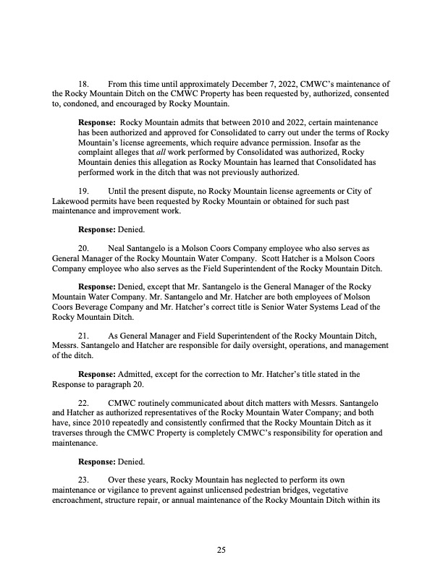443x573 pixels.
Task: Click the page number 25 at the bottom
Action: coord(221,551)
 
